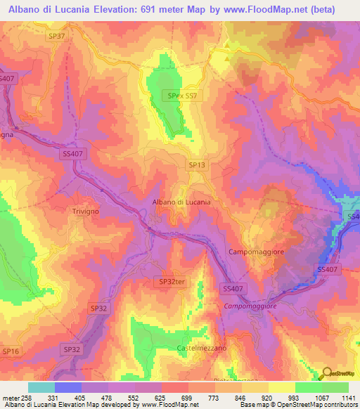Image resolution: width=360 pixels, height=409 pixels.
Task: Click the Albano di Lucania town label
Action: (182, 202)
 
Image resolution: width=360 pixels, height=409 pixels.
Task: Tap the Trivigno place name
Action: (89, 211)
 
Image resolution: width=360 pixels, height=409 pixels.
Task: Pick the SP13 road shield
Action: (197, 164)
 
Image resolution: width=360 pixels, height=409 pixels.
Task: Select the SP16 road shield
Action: (11, 350)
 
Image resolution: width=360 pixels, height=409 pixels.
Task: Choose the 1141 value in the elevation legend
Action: (348, 396)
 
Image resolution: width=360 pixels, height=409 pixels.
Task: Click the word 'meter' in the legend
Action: (10, 396)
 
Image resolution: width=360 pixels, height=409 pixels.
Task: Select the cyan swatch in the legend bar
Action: (41, 387)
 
